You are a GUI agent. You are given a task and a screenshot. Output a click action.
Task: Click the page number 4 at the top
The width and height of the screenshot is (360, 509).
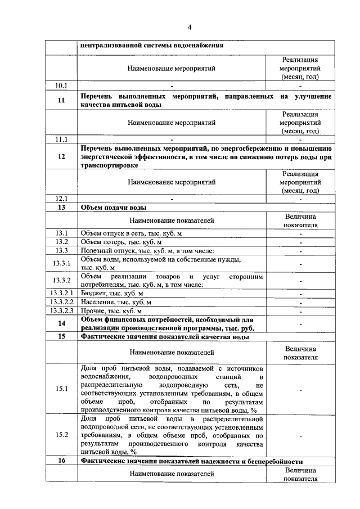point(190,27)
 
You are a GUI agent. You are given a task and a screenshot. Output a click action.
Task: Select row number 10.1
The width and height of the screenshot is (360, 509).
point(61,85)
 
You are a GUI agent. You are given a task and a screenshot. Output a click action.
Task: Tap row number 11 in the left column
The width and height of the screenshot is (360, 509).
point(61,101)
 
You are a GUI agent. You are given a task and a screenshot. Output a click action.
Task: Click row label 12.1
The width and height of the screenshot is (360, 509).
point(61,199)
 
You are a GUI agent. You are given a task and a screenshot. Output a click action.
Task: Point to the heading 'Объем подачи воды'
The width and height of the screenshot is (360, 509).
point(110,208)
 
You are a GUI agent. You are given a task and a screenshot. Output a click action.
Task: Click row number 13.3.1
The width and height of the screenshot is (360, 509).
point(61,263)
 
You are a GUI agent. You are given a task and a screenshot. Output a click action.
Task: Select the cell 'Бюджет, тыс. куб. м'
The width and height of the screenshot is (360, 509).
point(112,293)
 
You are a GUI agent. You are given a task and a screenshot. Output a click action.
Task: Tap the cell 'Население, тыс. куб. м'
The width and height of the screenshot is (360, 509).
point(116,302)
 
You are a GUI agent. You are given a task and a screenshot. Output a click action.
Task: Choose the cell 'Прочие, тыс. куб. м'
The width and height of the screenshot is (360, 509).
point(111,310)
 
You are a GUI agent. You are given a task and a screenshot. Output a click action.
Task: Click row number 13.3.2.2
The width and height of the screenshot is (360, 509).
point(61,302)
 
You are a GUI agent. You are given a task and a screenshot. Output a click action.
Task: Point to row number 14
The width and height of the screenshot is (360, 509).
point(61,323)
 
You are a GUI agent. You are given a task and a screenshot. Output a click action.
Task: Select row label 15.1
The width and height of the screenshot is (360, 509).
point(61,388)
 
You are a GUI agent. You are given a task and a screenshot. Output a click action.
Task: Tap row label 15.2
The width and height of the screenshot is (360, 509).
point(61,435)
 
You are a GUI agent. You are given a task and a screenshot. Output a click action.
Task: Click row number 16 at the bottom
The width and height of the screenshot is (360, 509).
point(61,461)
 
